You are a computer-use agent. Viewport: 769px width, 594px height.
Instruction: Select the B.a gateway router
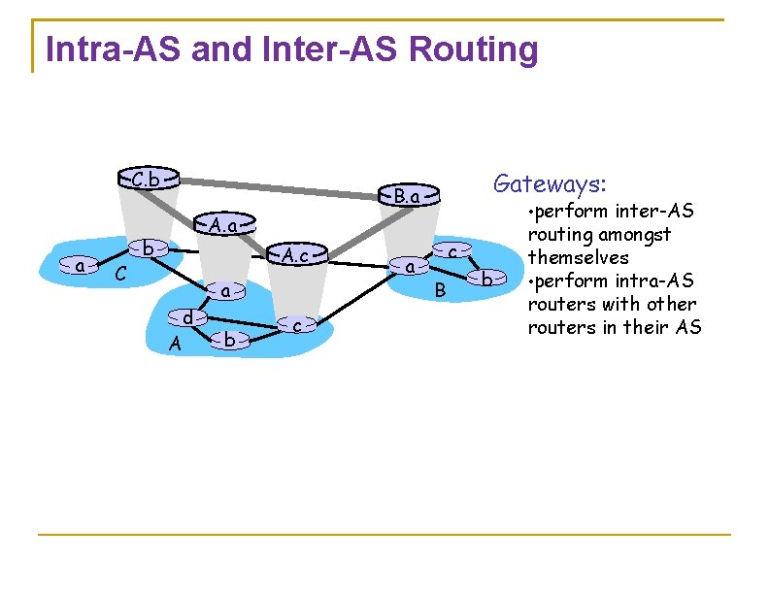[x=408, y=196]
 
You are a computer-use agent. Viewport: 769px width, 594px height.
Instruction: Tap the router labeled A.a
[x=223, y=225]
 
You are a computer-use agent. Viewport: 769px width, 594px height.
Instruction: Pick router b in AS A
[x=228, y=340]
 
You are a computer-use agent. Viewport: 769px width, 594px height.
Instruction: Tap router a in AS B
[x=411, y=265]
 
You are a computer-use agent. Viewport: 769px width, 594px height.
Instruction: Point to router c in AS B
[x=453, y=250]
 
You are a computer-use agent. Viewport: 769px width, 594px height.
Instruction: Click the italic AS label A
[x=174, y=344]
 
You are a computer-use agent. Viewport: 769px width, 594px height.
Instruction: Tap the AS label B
[x=440, y=289]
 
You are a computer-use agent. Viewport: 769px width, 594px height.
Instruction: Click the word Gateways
[x=550, y=182]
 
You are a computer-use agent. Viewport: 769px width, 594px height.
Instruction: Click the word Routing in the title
[x=474, y=49]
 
